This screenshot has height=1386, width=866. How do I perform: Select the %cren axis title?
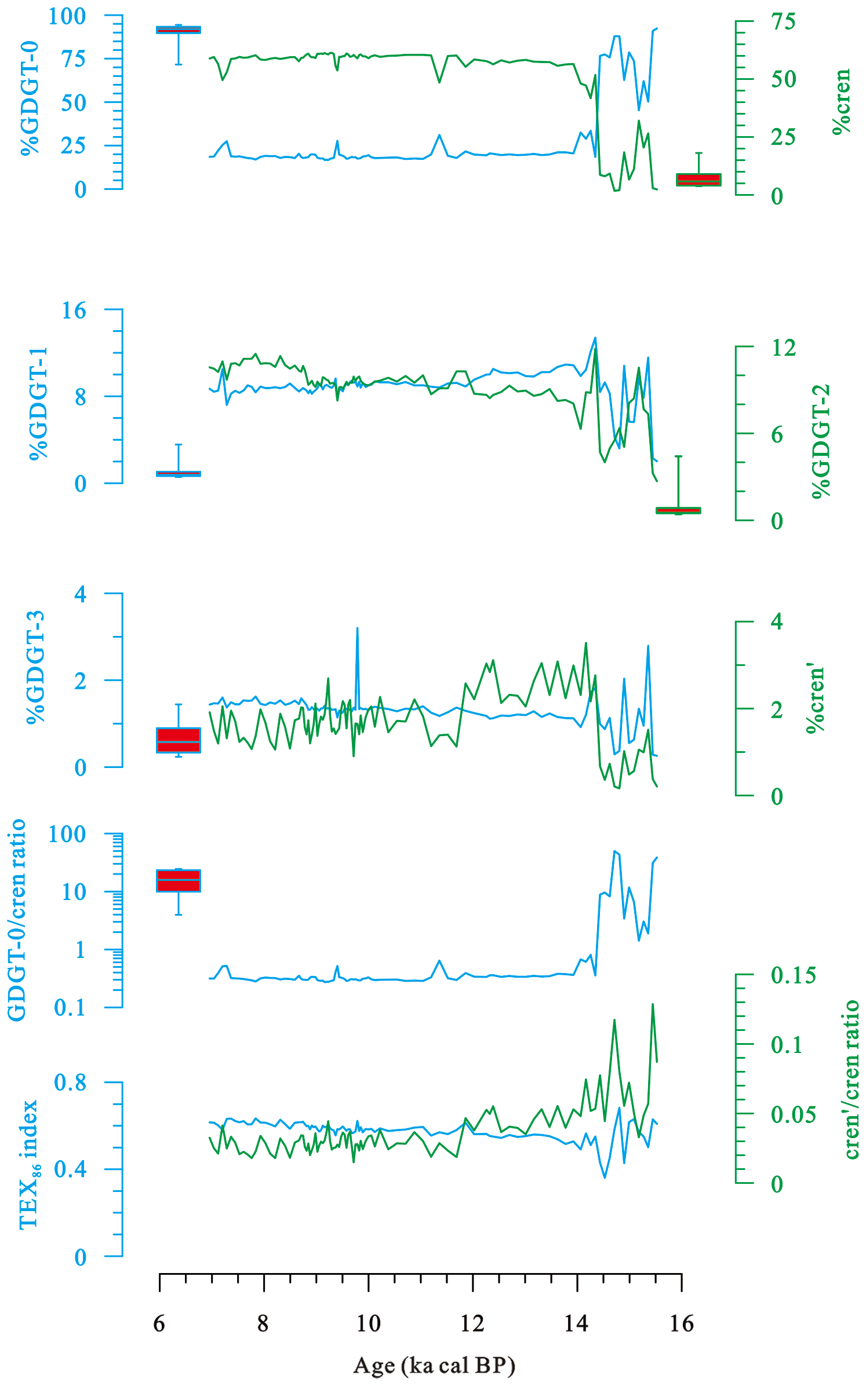(x=840, y=101)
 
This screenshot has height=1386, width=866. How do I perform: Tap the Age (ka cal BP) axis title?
(x=434, y=1365)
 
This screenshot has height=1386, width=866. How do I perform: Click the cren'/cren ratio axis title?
(x=850, y=1080)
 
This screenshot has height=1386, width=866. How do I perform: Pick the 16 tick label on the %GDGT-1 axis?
(x=74, y=311)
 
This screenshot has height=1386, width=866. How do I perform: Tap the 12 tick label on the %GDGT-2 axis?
(x=784, y=348)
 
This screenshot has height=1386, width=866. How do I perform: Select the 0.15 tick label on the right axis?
(x=793, y=975)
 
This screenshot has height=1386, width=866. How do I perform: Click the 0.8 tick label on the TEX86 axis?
(x=70, y=1083)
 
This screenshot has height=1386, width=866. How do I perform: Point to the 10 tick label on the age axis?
(x=368, y=1324)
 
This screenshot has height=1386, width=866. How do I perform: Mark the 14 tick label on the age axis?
(x=576, y=1324)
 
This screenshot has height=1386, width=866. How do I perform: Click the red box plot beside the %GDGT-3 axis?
(x=179, y=740)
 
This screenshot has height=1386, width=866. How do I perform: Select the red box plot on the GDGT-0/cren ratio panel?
(x=179, y=880)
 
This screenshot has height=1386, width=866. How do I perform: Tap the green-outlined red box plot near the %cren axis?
(x=698, y=180)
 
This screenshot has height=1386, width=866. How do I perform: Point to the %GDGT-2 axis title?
(x=821, y=440)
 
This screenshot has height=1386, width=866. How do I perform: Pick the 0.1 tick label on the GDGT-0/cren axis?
(x=70, y=1008)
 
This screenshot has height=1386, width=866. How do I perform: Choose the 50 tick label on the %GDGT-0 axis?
(x=74, y=103)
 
